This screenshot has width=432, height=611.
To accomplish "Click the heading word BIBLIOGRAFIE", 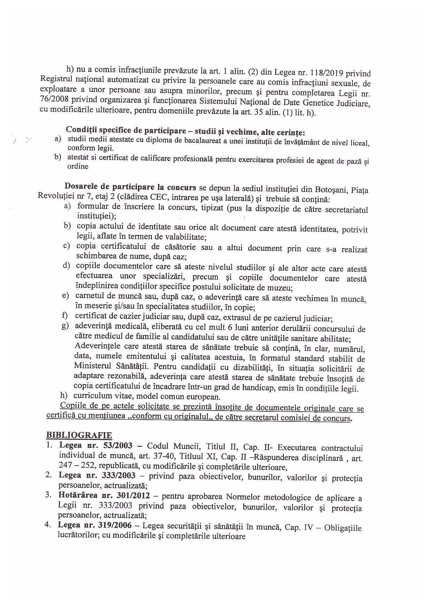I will tap(79, 435).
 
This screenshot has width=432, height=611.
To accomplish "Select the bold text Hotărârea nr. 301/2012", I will tap(104, 495).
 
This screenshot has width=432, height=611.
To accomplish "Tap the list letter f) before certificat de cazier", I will tap(64, 316).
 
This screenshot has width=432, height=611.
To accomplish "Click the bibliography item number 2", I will tap(49, 475).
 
